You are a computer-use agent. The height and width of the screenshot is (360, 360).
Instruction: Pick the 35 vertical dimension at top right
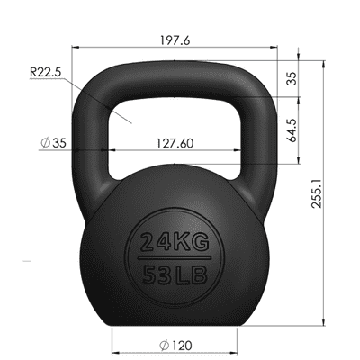pyautogui.click(x=290, y=78)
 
